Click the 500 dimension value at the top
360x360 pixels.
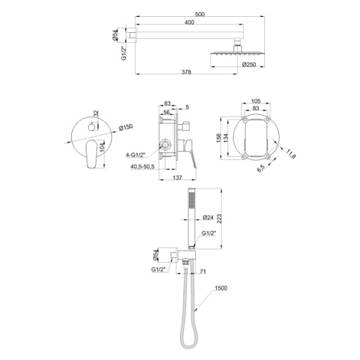(x=199, y=15)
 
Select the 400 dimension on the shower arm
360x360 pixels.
(x=189, y=22)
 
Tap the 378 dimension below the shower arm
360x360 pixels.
(x=186, y=72)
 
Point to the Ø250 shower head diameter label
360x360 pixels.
(x=249, y=64)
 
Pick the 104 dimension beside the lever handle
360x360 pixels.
(x=102, y=148)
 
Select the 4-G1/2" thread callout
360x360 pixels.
(x=136, y=155)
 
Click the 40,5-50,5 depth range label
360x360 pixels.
(x=142, y=166)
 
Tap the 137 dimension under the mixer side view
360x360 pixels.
(x=177, y=177)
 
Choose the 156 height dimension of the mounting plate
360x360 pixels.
(x=219, y=138)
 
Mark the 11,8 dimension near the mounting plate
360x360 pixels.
(x=291, y=154)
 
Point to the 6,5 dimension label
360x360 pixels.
(x=260, y=168)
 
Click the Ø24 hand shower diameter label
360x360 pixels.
(x=208, y=218)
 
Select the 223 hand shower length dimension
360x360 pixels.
(x=219, y=218)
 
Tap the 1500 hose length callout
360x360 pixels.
(x=221, y=288)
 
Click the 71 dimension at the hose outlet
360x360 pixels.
(x=203, y=271)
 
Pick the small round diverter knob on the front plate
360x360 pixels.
(x=91, y=127)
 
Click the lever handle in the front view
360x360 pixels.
(x=91, y=154)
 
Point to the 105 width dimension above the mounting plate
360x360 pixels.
(x=256, y=100)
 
